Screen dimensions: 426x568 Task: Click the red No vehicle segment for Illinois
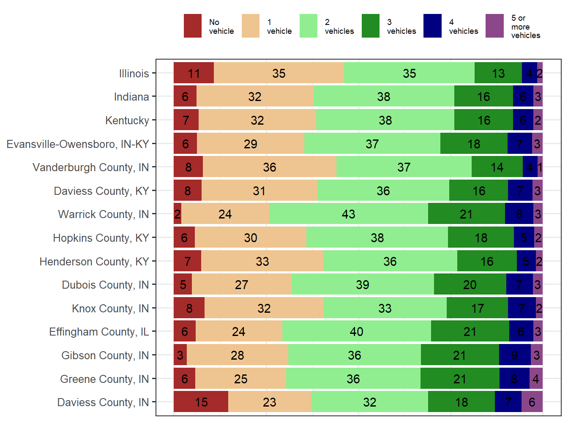click(x=194, y=73)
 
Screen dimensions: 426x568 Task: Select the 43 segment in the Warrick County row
click(x=348, y=214)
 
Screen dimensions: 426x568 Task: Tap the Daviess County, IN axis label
click(x=103, y=402)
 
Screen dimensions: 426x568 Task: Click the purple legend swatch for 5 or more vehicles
click(x=494, y=26)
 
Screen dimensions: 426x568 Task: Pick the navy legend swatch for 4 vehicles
click(x=432, y=26)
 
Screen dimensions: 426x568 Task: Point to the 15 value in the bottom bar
click(x=201, y=402)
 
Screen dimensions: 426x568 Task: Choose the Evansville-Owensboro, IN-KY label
click(x=78, y=144)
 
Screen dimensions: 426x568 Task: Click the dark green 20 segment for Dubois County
click(x=470, y=284)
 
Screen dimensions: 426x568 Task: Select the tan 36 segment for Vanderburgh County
click(x=269, y=167)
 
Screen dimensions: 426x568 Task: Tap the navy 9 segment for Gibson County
click(x=514, y=355)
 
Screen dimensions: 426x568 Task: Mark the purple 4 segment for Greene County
click(x=535, y=379)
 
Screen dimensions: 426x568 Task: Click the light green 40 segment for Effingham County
click(x=356, y=331)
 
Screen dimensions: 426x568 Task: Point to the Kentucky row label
click(x=127, y=120)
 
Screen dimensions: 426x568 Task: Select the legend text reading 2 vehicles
click(x=339, y=27)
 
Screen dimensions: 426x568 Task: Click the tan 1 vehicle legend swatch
click(x=251, y=26)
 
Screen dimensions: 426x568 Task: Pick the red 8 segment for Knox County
click(x=189, y=308)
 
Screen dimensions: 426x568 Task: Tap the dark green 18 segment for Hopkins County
click(x=481, y=238)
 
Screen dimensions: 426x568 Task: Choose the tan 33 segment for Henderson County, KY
click(x=262, y=261)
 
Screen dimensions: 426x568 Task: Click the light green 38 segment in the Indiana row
click(x=383, y=96)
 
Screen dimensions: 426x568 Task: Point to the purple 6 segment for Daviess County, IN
click(x=532, y=402)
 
